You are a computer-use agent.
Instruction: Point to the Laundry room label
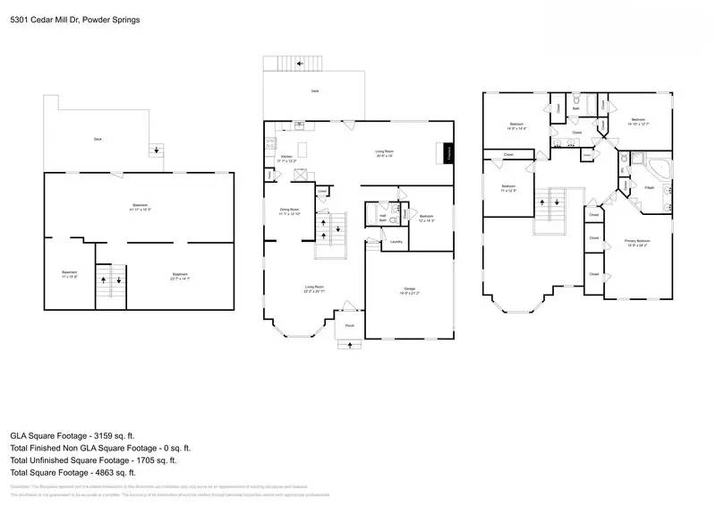(x=394, y=241)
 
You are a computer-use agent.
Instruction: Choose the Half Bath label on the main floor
(x=383, y=217)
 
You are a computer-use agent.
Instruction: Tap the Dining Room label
(x=290, y=211)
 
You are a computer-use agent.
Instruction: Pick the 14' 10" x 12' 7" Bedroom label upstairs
(x=637, y=121)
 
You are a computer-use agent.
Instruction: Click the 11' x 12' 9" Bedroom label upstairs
(x=508, y=188)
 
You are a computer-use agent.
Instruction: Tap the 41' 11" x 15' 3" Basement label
(x=141, y=207)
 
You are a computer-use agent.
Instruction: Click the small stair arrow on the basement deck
(x=158, y=150)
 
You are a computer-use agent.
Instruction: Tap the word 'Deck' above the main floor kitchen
(x=314, y=90)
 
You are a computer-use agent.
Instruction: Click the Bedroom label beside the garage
(x=426, y=218)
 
